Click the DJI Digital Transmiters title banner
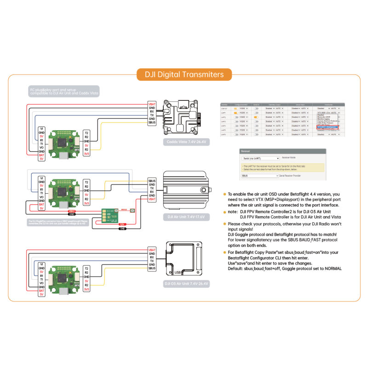tap(184, 75)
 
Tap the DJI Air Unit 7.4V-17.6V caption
tap(185, 216)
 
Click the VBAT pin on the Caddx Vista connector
tap(152, 104)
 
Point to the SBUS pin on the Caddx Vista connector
tap(152, 123)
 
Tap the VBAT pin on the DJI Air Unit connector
tap(152, 199)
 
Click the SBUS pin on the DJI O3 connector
tap(152, 268)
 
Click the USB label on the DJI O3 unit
tap(178, 272)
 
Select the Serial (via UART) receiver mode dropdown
tap(260, 158)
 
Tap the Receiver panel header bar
tap(282, 151)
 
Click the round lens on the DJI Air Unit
tap(210, 190)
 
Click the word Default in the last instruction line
tap(236, 268)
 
